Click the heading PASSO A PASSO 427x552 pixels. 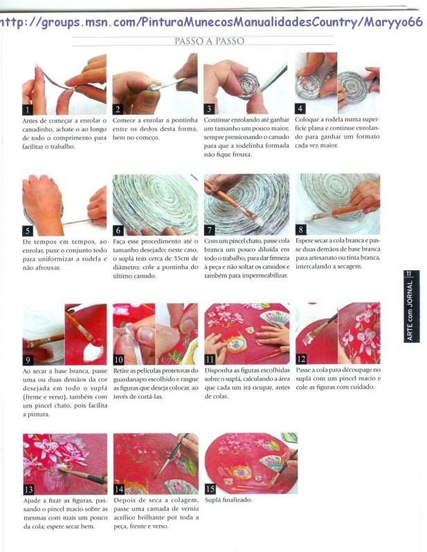tap(210, 41)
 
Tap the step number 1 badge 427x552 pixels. tap(28, 109)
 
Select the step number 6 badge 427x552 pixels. tap(118, 230)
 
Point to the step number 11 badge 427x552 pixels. tap(210, 359)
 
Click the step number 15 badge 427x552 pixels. tap(210, 488)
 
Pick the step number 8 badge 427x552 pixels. tap(301, 229)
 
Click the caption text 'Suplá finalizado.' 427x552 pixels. tap(228, 500)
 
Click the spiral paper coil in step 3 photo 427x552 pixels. tap(248, 86)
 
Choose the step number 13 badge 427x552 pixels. tap(28, 489)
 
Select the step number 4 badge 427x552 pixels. tap(300, 108)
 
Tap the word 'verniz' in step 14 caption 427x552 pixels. tap(190, 508)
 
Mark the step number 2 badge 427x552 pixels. tap(118, 109)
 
